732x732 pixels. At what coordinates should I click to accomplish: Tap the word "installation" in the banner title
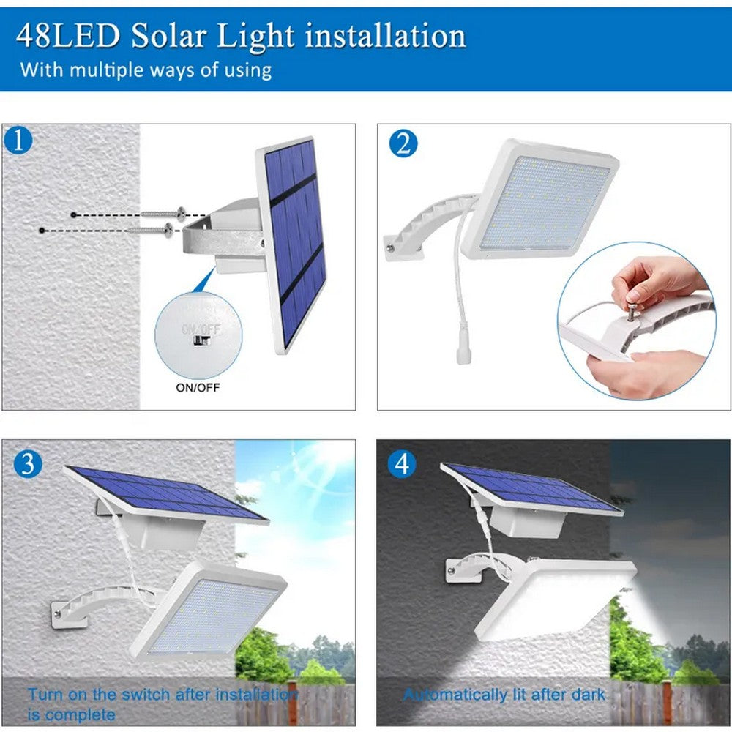tap(384, 34)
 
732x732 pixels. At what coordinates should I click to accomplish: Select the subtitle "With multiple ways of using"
tap(146, 70)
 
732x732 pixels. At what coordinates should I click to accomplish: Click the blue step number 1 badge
tap(18, 140)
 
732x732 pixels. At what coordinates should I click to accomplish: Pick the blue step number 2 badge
tap(403, 143)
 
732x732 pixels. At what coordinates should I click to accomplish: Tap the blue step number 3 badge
tap(28, 464)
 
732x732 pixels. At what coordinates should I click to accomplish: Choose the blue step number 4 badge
tap(402, 463)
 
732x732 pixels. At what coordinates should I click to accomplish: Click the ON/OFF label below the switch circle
tap(198, 387)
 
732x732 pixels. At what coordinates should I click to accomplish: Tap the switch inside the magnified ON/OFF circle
tap(201, 340)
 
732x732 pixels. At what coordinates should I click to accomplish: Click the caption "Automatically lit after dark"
tap(504, 694)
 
